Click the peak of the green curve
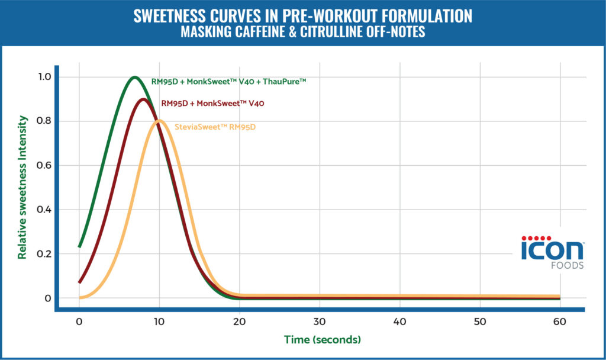click(x=135, y=77)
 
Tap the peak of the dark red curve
click(x=143, y=99)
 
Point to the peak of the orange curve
click(x=159, y=121)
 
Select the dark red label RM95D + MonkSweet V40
click(x=212, y=103)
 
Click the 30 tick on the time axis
click(x=320, y=322)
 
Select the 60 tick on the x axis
click(x=560, y=322)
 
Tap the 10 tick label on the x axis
click(x=159, y=322)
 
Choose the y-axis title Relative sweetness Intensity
click(x=22, y=188)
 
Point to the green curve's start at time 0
click(x=79, y=246)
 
